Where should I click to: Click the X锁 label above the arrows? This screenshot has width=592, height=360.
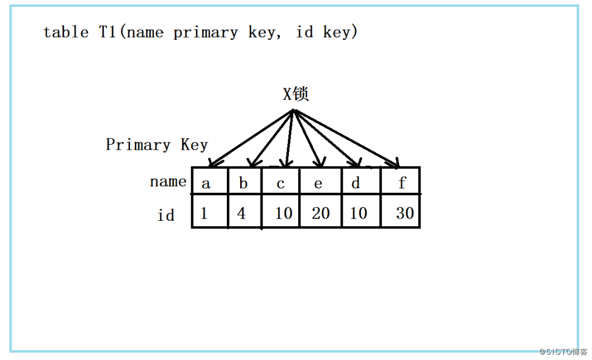tap(296, 94)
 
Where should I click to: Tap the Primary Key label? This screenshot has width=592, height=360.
tap(157, 145)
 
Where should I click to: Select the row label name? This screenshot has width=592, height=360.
tap(168, 181)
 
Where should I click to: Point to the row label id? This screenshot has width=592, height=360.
tap(166, 215)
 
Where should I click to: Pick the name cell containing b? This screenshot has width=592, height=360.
tap(243, 183)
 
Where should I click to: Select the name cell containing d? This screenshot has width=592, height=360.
tap(356, 183)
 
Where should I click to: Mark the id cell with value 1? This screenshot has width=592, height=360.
tap(204, 213)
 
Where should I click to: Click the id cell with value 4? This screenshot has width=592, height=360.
tap(242, 213)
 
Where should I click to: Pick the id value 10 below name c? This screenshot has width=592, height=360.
tap(283, 213)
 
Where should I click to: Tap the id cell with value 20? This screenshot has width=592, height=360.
tap(321, 213)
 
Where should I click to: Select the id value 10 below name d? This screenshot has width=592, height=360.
tap(358, 213)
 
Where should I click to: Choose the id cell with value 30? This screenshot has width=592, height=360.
tap(405, 213)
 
